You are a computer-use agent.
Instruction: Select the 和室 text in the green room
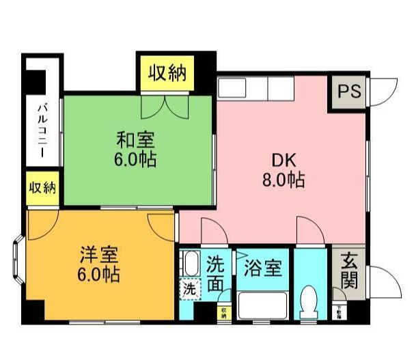pyautogui.click(x=135, y=141)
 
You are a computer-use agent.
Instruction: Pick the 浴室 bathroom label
pyautogui.click(x=262, y=267)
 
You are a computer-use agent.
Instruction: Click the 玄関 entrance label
pyautogui.click(x=348, y=271)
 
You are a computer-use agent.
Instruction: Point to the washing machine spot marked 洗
pyautogui.click(x=189, y=289)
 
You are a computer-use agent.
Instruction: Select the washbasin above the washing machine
pyautogui.click(x=191, y=263)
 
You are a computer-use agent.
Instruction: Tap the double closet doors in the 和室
pyautogui.click(x=166, y=105)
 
